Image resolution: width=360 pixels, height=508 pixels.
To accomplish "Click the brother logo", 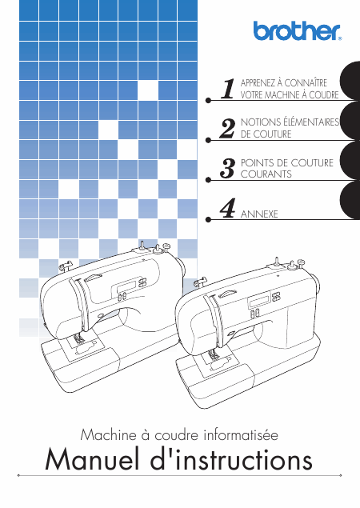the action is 298,30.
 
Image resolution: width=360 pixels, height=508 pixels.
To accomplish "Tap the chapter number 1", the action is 228,89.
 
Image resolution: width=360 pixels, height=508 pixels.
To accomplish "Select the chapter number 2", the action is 227,129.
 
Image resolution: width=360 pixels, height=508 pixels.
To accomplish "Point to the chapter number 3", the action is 227,168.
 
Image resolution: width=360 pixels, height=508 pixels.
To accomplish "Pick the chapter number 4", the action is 227,208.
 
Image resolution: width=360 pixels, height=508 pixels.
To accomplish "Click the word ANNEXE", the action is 259,214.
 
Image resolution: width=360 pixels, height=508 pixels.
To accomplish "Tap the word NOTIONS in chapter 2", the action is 261,122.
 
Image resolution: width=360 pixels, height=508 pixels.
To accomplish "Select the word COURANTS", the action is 266,174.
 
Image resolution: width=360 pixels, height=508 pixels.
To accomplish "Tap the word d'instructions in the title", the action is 231,459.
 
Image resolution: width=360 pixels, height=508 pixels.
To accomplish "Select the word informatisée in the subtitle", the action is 241,434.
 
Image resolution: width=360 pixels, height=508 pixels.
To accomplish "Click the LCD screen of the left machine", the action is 125,286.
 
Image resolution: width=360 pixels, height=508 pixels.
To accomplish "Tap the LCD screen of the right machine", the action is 259,302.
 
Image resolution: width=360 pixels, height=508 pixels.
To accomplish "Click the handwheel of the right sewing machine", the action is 316,283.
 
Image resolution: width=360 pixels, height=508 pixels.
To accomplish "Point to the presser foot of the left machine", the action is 78,339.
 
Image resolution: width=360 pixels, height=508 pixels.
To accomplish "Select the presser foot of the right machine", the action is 213,355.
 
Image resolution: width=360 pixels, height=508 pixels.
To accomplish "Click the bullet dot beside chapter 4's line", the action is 208,220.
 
